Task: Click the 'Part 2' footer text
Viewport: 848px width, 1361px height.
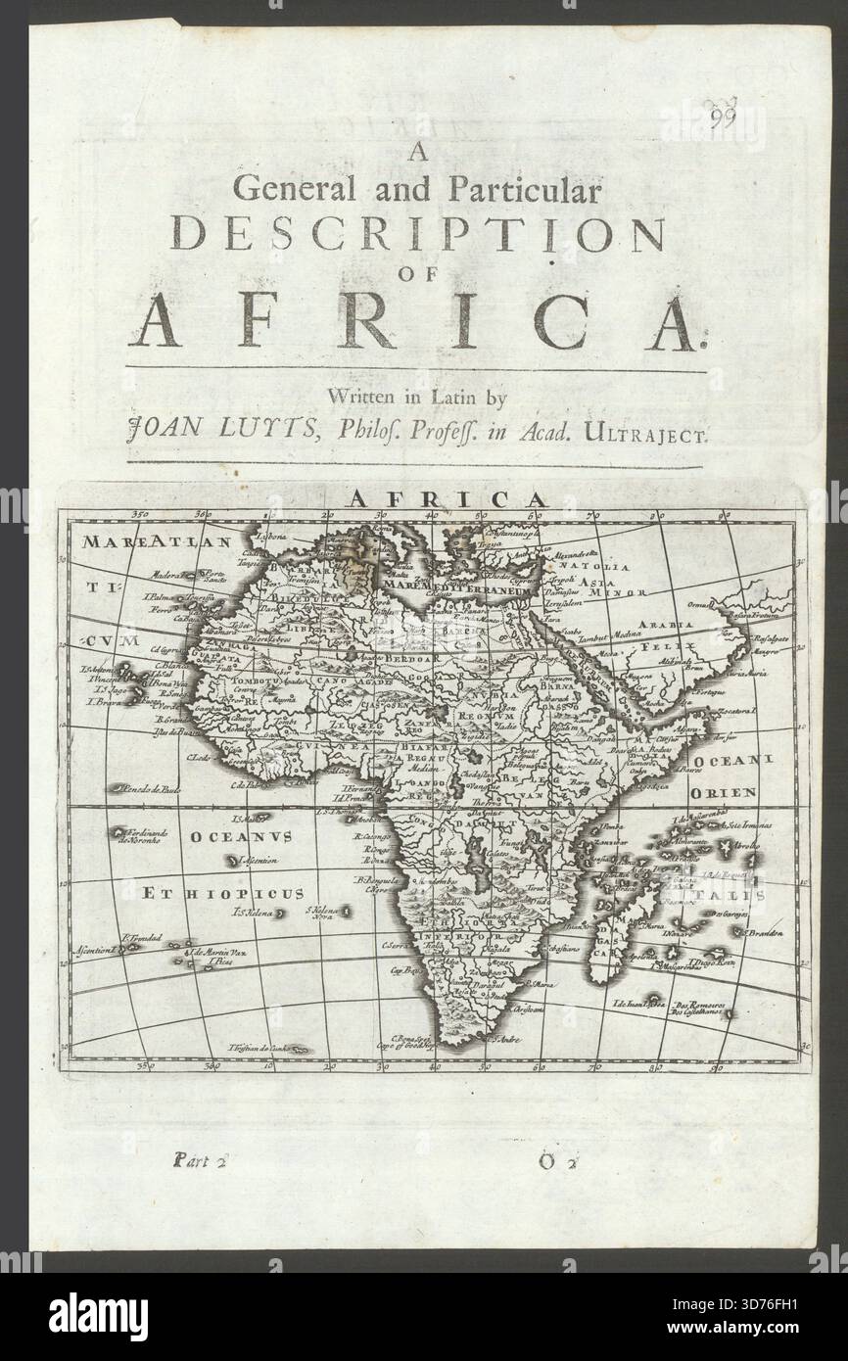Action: (x=199, y=1162)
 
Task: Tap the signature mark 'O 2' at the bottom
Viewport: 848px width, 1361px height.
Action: (x=559, y=1163)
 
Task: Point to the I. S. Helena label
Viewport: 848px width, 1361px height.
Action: (x=253, y=914)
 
